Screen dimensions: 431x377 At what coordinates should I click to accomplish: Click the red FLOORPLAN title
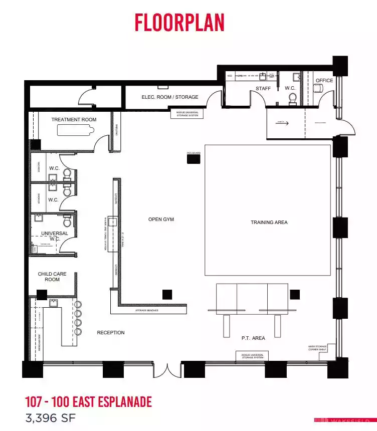179,23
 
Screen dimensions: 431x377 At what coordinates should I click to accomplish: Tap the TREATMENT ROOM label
74,120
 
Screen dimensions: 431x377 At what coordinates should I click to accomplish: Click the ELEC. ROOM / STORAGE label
170,97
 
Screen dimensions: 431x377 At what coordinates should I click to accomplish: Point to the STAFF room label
263,89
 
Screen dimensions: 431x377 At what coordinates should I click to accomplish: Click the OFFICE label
324,81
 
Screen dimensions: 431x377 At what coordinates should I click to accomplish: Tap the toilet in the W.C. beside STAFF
293,99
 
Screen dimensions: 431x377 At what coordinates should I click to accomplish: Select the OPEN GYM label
161,220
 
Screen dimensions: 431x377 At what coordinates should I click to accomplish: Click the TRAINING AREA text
269,223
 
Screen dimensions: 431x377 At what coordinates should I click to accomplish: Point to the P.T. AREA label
253,338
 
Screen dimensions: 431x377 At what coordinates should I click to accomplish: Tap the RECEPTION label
110,333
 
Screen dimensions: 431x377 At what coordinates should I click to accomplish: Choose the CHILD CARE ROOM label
52,277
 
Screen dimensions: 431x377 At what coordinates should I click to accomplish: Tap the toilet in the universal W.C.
67,220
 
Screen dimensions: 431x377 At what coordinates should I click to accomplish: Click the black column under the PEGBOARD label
194,159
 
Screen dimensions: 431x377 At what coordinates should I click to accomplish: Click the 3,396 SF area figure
51,417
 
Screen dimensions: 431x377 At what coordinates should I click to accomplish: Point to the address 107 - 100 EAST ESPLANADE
88,401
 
